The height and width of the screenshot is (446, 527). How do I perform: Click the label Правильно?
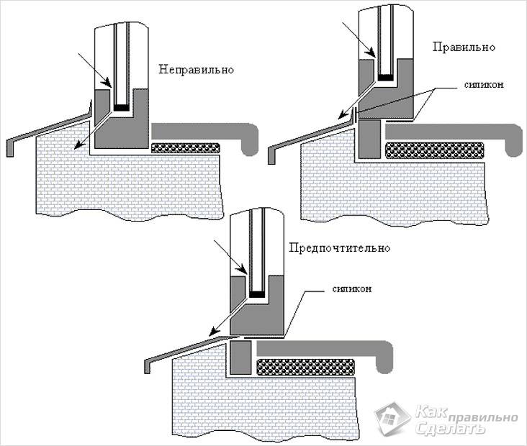click(x=464, y=47)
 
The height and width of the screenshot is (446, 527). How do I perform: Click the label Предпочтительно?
click(x=338, y=248)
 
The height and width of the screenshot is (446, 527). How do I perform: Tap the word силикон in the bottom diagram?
click(x=353, y=288)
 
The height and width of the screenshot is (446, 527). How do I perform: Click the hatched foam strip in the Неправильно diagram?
click(x=186, y=148)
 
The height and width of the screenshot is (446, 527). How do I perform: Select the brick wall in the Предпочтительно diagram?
click(x=266, y=399)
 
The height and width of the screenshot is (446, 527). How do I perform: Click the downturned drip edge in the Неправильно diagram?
click(x=9, y=147)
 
